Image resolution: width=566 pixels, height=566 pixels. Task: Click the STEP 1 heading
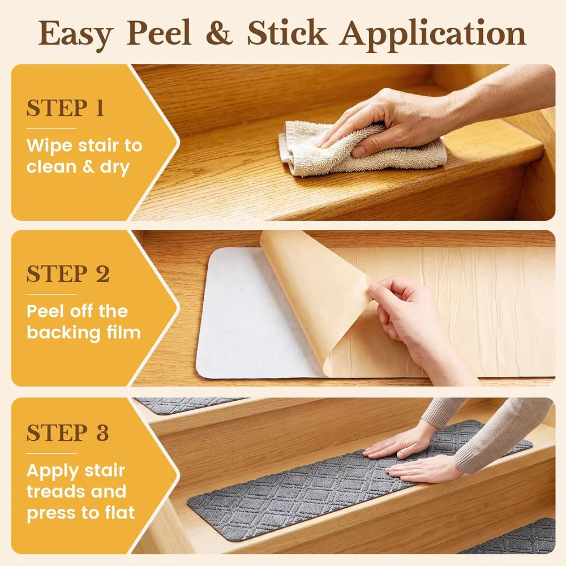[x=65, y=108]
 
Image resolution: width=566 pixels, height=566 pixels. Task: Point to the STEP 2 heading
[x=68, y=273]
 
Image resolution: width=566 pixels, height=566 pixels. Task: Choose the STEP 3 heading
[x=67, y=432]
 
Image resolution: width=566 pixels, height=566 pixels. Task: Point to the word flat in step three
[x=118, y=513]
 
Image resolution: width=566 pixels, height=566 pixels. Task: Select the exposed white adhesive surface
[x=252, y=314]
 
